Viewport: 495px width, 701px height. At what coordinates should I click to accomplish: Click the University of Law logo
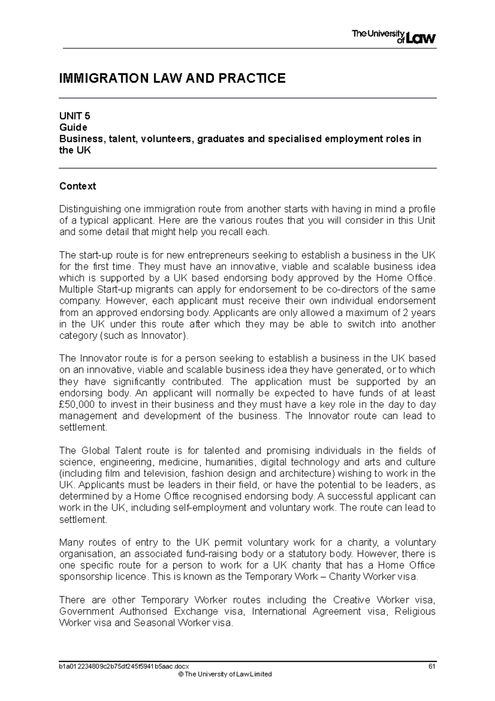pyautogui.click(x=394, y=37)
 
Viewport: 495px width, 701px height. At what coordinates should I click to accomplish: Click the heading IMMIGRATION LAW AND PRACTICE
pyautogui.click(x=172, y=78)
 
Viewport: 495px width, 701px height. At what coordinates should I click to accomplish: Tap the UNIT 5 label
pyautogui.click(x=75, y=116)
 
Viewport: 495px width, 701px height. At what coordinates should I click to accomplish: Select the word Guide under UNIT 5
pyautogui.click(x=73, y=127)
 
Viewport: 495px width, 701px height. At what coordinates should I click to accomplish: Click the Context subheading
pyautogui.click(x=78, y=186)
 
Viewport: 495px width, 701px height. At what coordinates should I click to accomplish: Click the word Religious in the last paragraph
pyautogui.click(x=415, y=611)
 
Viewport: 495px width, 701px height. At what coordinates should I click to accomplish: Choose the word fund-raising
pyautogui.click(x=212, y=554)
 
